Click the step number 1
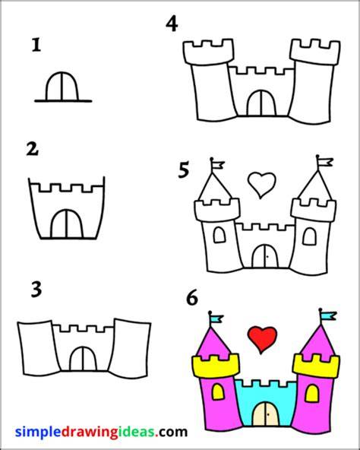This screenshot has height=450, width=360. [36, 46]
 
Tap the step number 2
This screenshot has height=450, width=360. [33, 149]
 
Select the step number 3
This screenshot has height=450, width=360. [36, 290]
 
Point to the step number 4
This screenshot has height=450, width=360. [172, 24]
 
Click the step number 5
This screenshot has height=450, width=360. [184, 170]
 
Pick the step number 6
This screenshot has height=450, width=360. [192, 298]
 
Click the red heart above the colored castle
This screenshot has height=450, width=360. [262, 340]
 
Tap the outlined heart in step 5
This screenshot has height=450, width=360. [262, 185]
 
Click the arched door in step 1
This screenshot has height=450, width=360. [62, 87]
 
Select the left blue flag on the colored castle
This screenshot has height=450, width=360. [217, 318]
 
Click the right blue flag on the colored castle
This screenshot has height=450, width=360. [329, 316]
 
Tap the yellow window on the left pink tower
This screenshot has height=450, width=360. [218, 392]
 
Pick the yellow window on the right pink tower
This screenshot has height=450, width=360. [312, 394]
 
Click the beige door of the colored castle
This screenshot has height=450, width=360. [266, 414]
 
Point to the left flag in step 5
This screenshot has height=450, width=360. [218, 165]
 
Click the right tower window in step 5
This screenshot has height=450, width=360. [310, 236]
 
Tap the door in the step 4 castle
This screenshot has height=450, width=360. [261, 103]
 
